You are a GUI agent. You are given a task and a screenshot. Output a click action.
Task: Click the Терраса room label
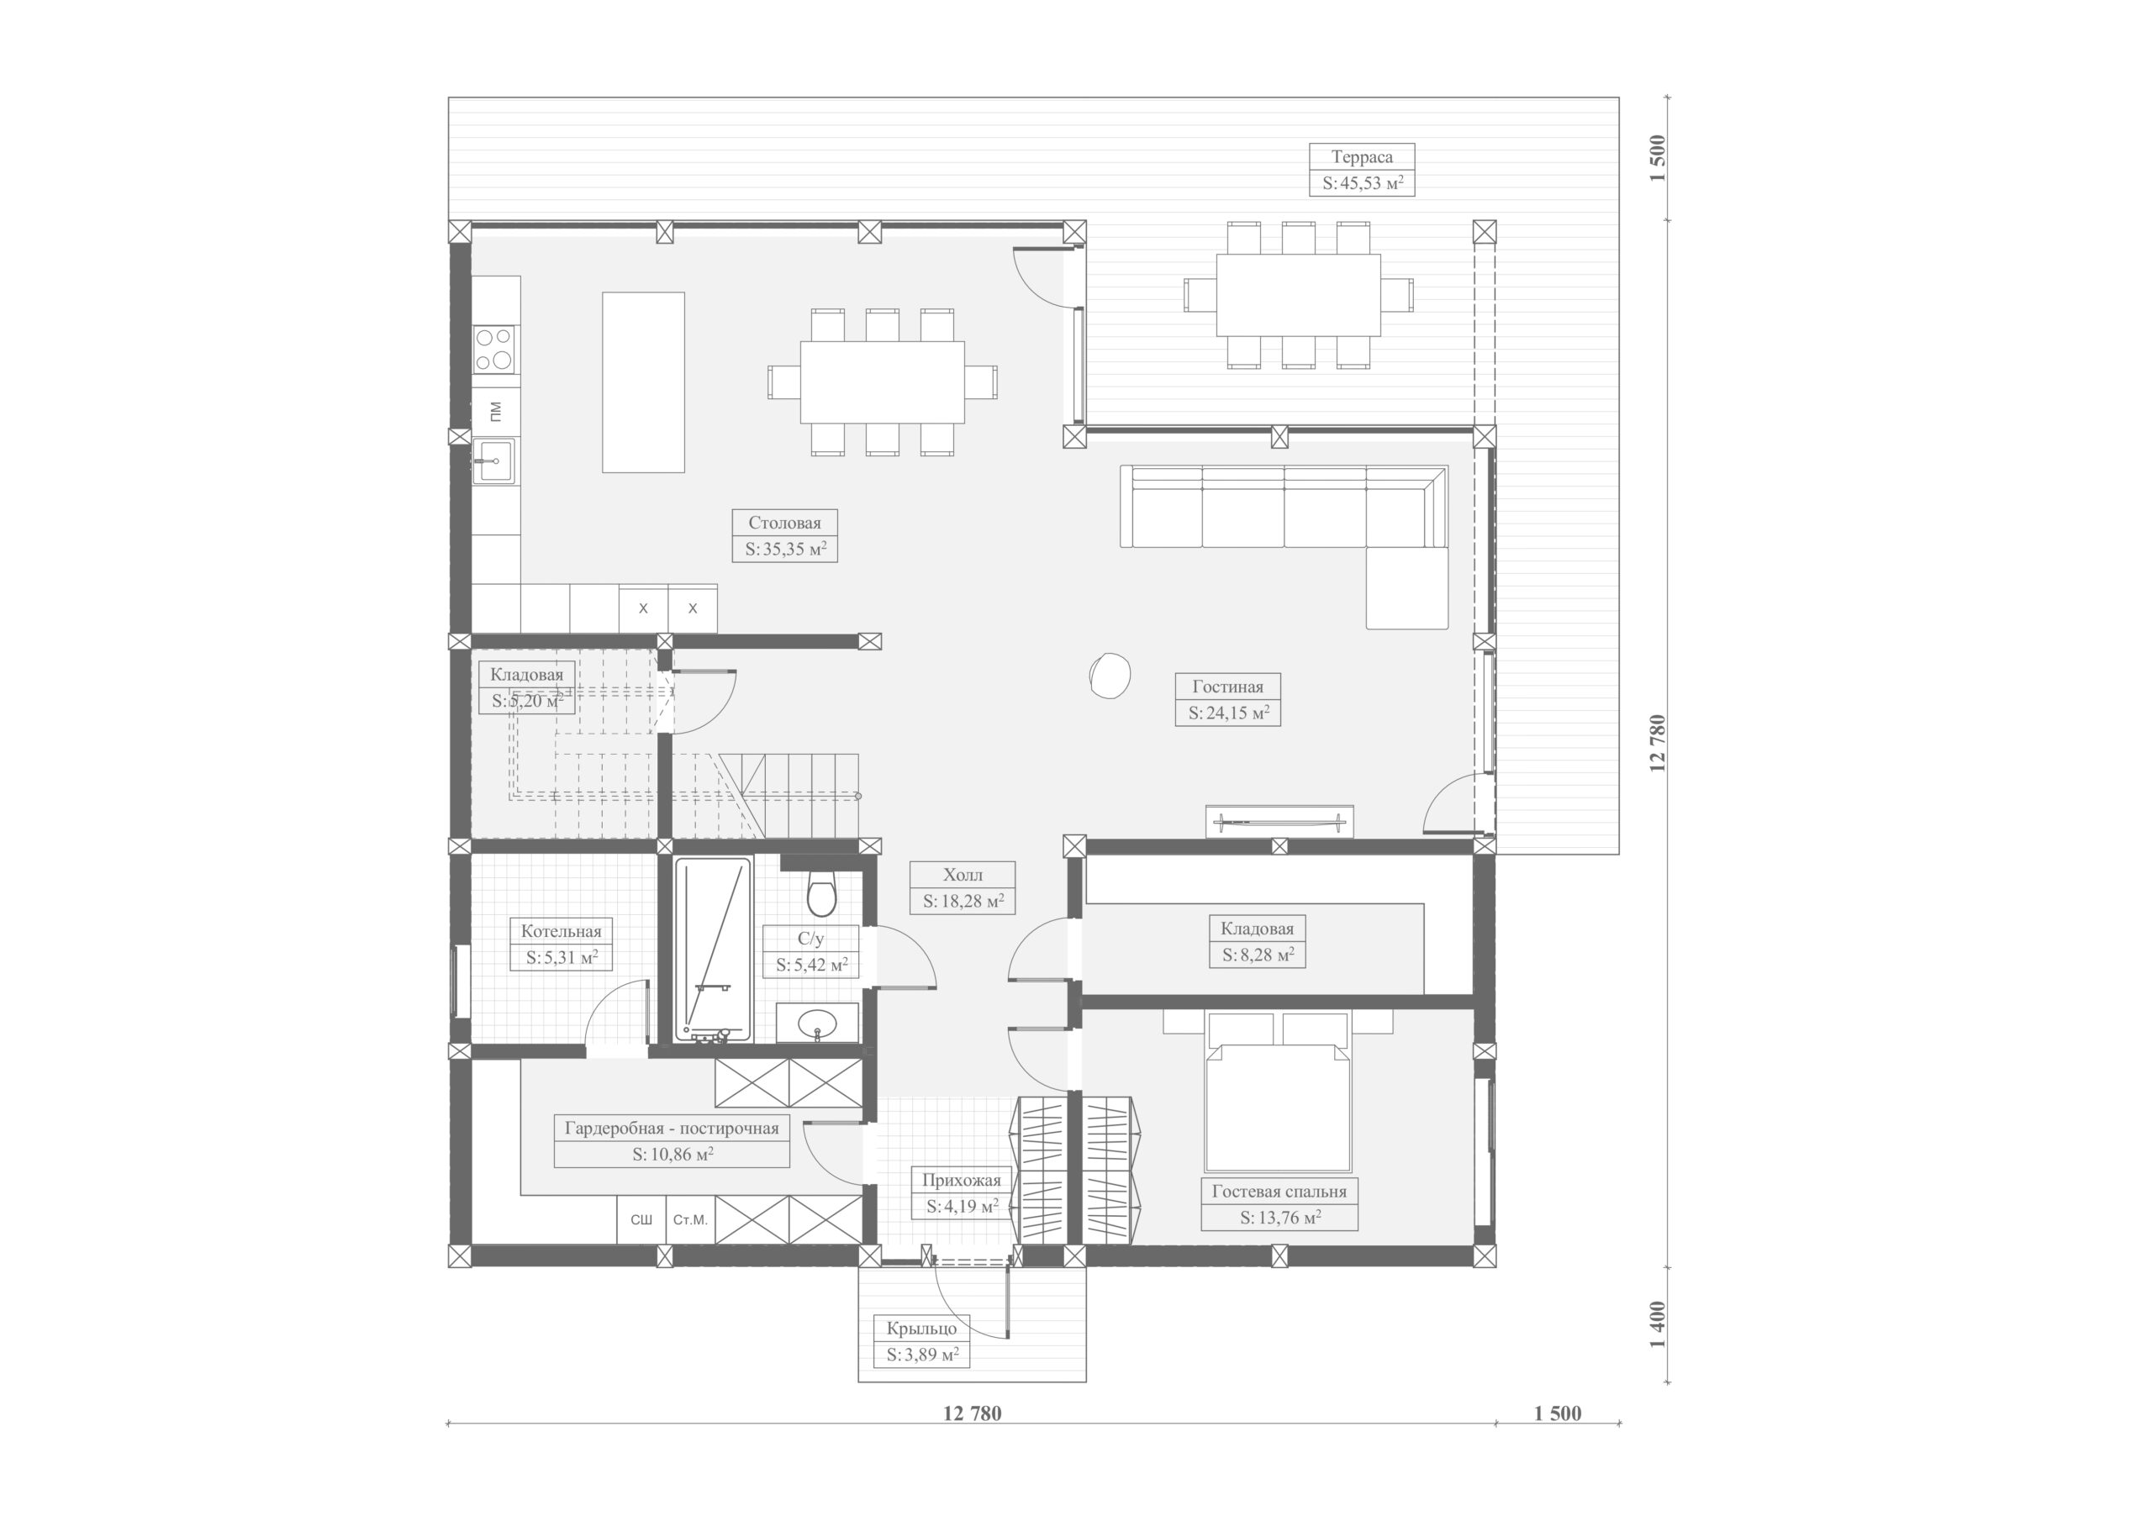[x=1361, y=156]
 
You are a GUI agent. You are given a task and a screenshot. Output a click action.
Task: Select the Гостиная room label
[x=1227, y=686]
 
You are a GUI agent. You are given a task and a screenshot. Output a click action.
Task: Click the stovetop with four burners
[x=495, y=348]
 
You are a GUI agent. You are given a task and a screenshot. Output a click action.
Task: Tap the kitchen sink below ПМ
[x=493, y=461]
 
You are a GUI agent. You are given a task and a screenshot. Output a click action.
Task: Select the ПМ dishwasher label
[x=495, y=409]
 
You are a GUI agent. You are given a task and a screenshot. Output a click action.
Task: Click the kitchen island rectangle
[x=643, y=382]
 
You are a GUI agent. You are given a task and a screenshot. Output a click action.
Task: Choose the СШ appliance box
[x=641, y=1219]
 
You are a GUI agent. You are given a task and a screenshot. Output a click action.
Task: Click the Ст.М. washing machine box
[x=691, y=1219]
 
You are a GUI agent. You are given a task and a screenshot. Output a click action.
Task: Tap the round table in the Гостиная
[x=1110, y=675]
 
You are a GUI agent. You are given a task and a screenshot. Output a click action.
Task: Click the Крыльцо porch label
[x=922, y=1329]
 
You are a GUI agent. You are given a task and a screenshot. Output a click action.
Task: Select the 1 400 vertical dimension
[x=1659, y=1324]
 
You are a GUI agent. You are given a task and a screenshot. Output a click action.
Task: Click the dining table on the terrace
[x=1298, y=295]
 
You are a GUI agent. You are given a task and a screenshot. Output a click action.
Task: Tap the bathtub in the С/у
[x=714, y=950]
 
